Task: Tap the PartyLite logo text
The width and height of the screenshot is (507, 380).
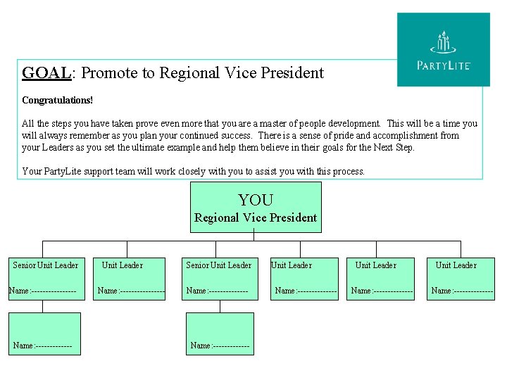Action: click(444, 65)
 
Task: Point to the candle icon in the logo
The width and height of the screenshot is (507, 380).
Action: click(443, 42)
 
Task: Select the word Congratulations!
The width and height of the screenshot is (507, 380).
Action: click(57, 101)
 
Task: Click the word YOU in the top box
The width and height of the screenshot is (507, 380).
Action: click(256, 201)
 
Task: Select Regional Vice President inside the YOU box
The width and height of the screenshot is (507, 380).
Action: click(256, 218)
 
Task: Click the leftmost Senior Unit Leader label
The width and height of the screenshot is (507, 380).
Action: click(46, 265)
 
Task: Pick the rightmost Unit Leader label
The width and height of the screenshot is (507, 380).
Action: click(456, 265)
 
